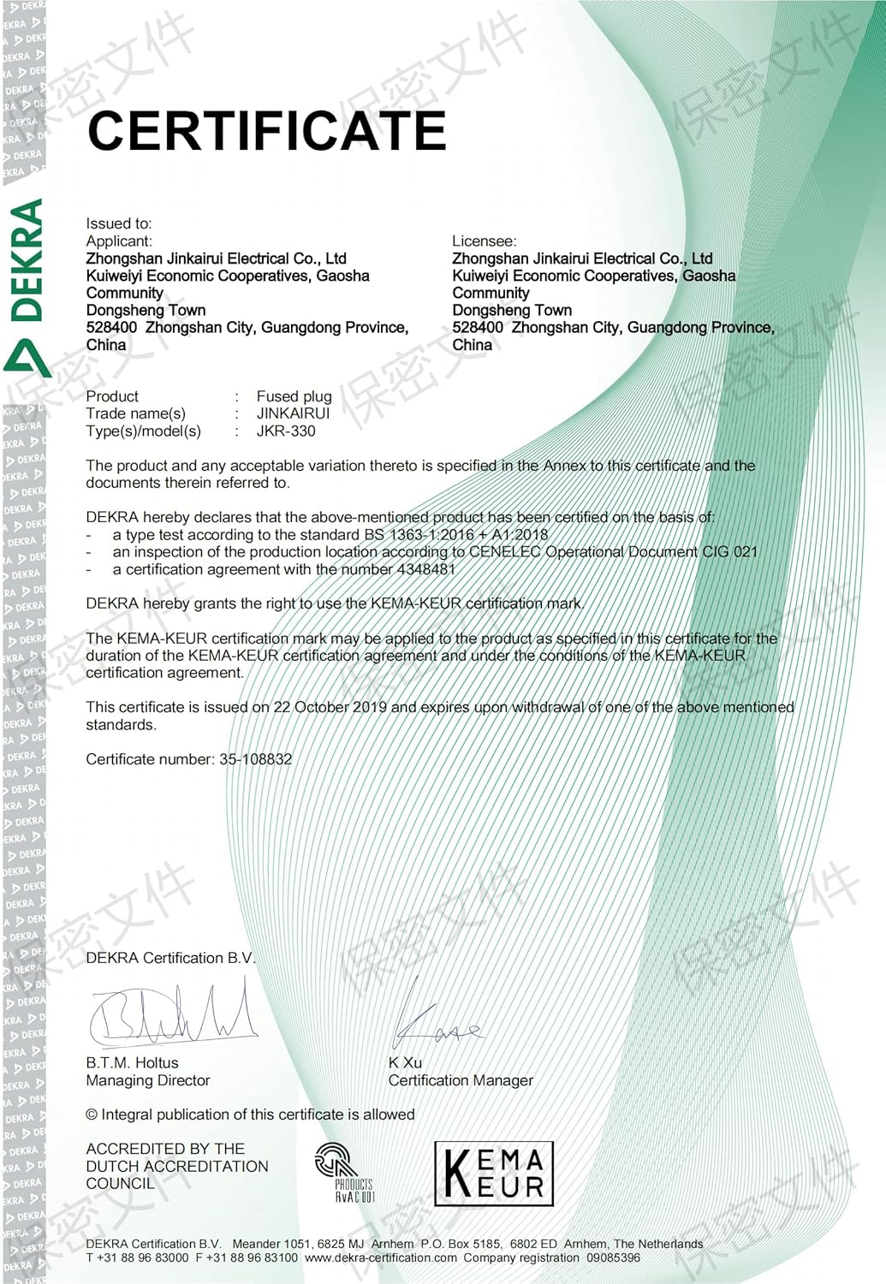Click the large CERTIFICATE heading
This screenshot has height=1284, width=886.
pyautogui.click(x=266, y=130)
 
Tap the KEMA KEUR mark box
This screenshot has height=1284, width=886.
pyautogui.click(x=494, y=1174)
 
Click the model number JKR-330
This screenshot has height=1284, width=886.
pyautogui.click(x=286, y=431)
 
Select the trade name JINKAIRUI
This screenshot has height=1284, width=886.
pyautogui.click(x=293, y=413)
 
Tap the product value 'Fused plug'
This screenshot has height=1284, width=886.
pyautogui.click(x=294, y=396)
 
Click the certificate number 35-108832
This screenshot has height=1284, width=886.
pyautogui.click(x=255, y=759)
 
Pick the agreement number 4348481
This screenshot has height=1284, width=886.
pyautogui.click(x=426, y=569)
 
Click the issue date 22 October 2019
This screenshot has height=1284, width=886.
pyautogui.click(x=330, y=707)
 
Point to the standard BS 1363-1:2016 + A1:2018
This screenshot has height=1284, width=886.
pyautogui.click(x=455, y=535)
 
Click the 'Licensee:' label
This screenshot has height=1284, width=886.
pyautogui.click(x=485, y=241)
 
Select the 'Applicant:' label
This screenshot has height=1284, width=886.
pyautogui.click(x=119, y=241)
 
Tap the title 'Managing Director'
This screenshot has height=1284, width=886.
pyautogui.click(x=147, y=1081)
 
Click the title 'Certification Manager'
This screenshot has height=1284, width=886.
pyautogui.click(x=461, y=1081)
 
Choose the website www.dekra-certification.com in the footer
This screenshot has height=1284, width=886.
pyautogui.click(x=380, y=1258)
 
